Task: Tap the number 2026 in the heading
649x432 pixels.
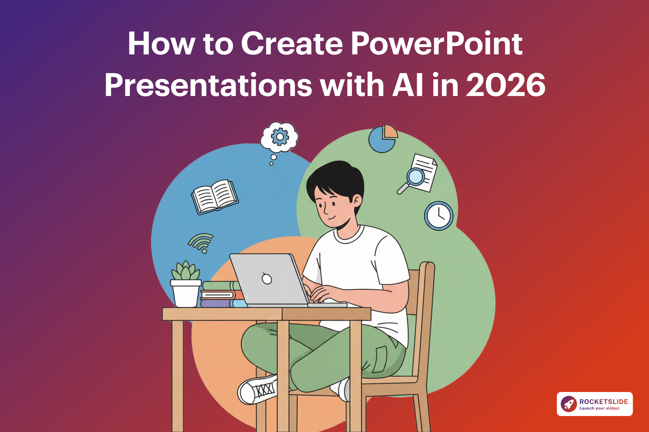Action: pyautogui.click(x=506, y=85)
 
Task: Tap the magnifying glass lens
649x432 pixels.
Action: pyautogui.click(x=415, y=177)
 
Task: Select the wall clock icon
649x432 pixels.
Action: pyautogui.click(x=438, y=216)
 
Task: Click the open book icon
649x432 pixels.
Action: pyautogui.click(x=215, y=196)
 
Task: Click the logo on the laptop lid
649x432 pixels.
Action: pyautogui.click(x=267, y=279)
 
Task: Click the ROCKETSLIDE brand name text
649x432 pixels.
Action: pyautogui.click(x=604, y=402)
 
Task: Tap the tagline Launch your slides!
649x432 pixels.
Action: pyautogui.click(x=599, y=408)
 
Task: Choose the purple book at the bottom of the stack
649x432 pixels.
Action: pyautogui.click(x=215, y=304)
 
